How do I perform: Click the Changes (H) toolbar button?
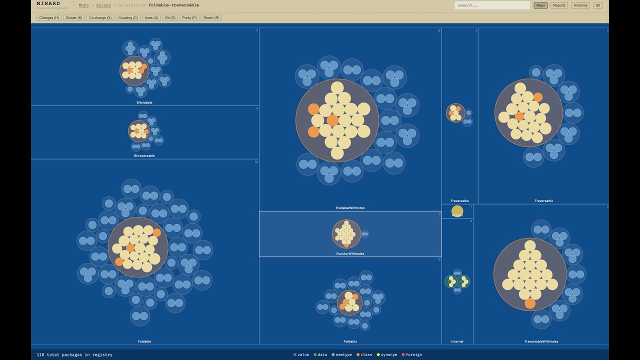click(49, 17)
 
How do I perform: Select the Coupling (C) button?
click(128, 17)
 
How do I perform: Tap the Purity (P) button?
click(189, 17)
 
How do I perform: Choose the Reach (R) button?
click(211, 17)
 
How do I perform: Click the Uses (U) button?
click(151, 17)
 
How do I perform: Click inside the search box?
click(492, 5)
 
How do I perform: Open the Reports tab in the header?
click(559, 5)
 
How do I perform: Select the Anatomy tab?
click(580, 5)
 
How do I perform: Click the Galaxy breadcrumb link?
click(103, 5)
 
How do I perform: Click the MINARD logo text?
click(48, 3)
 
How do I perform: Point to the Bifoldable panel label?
click(144, 102)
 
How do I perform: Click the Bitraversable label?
click(144, 155)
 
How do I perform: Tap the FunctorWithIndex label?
click(350, 253)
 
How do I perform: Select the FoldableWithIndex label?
click(350, 208)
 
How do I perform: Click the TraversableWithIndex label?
click(541, 341)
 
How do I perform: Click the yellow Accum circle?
click(457, 211)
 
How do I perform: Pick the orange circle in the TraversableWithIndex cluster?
click(530, 303)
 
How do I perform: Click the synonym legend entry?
click(387, 354)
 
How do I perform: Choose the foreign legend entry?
click(412, 354)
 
